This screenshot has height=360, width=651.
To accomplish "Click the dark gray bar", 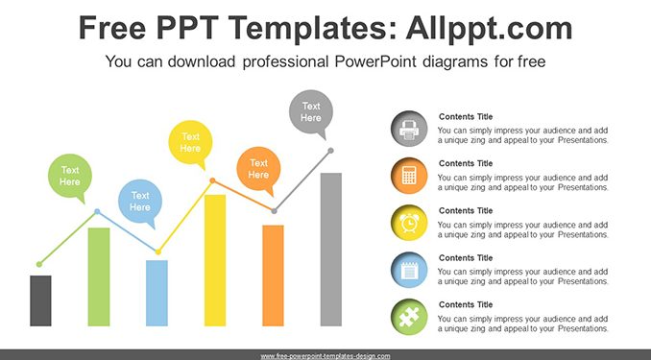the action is [x=40, y=300].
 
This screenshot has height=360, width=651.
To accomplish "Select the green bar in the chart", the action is [x=99, y=276].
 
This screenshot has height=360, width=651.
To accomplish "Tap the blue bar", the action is [x=157, y=293].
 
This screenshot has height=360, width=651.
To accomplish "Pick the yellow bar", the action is [x=215, y=260].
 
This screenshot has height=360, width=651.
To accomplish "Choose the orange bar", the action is [x=274, y=276].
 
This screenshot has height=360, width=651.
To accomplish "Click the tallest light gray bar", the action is [x=331, y=250].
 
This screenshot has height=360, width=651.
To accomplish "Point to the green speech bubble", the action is [x=70, y=177].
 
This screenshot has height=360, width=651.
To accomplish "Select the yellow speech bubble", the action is [x=190, y=143].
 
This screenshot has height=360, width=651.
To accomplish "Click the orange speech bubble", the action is [x=258, y=169].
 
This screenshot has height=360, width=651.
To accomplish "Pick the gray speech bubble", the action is [x=311, y=112].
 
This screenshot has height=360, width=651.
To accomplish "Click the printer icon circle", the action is [x=409, y=129].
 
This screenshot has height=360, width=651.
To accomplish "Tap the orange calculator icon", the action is [x=409, y=176].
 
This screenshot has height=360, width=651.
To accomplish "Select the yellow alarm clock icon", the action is [x=409, y=223].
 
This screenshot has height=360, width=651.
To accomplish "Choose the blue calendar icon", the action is [x=409, y=270].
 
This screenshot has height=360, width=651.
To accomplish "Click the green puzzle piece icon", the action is [x=409, y=317].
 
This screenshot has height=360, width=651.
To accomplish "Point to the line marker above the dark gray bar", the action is [x=39, y=264].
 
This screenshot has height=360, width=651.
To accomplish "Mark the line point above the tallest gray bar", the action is [x=331, y=151].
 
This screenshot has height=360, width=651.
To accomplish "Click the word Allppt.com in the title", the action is [x=489, y=29].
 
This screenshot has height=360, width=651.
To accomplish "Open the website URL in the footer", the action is [x=325, y=356].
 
